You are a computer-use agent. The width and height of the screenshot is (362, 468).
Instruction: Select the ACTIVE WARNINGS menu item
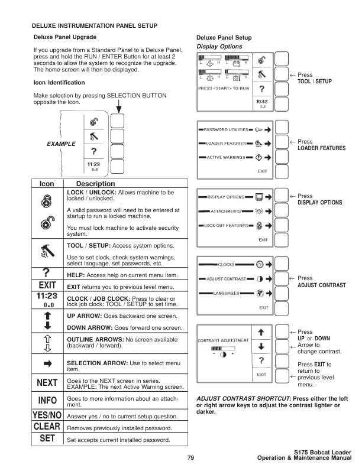[x=226, y=157]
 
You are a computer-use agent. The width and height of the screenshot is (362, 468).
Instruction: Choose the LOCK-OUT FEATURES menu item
[x=224, y=225]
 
